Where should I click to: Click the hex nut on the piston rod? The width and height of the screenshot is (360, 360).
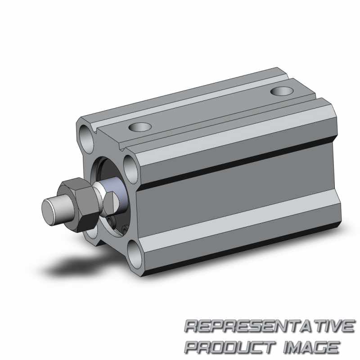[78, 204]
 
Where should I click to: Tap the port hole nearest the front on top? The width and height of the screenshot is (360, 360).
[140, 127]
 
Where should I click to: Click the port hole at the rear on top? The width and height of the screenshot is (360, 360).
[282, 91]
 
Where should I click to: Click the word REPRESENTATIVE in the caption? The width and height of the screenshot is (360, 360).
[270, 326]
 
